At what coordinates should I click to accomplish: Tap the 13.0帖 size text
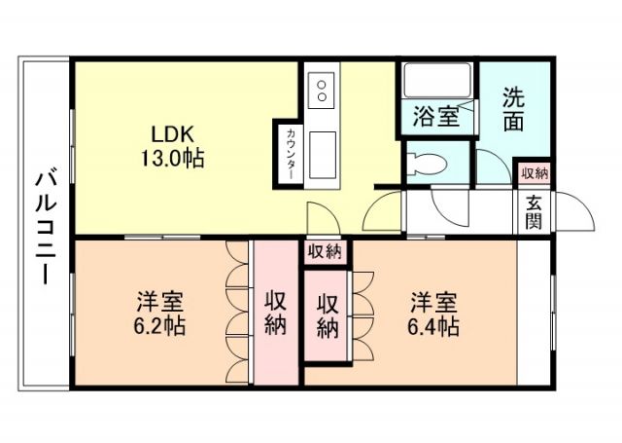171,158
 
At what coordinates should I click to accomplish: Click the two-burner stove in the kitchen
322,92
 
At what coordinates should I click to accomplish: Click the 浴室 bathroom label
436,117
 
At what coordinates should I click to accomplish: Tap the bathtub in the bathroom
436,82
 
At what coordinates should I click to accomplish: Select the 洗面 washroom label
514,108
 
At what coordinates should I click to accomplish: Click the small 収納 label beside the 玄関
534,173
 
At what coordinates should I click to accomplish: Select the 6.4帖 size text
433,325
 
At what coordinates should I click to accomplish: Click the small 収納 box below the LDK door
325,252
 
